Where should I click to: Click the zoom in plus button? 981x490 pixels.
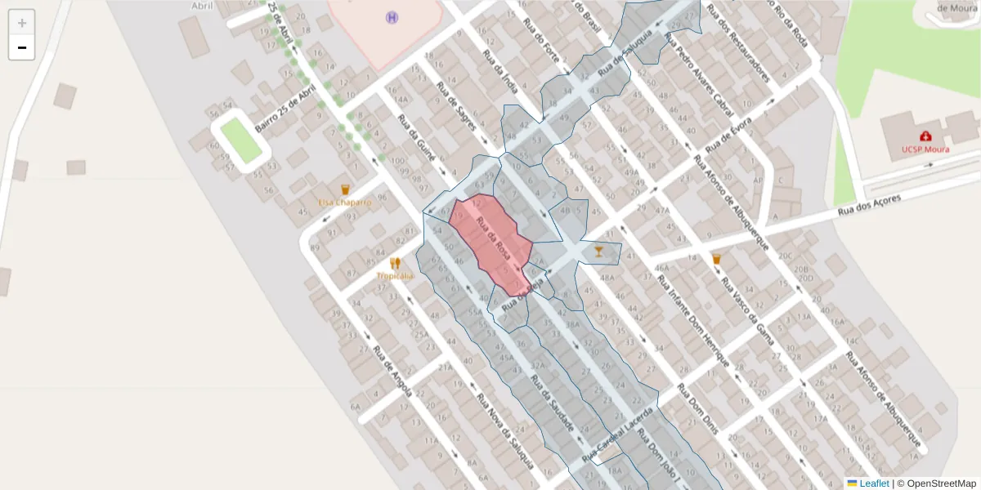(x=22, y=23)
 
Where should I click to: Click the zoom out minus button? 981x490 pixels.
(x=22, y=47)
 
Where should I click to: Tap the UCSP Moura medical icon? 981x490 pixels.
(x=925, y=136)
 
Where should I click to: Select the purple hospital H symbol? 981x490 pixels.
(x=392, y=17)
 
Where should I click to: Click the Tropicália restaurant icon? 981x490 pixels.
(x=396, y=264)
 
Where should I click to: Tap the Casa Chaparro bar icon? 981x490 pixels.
(x=345, y=189)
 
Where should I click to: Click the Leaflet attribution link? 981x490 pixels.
(x=873, y=483)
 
